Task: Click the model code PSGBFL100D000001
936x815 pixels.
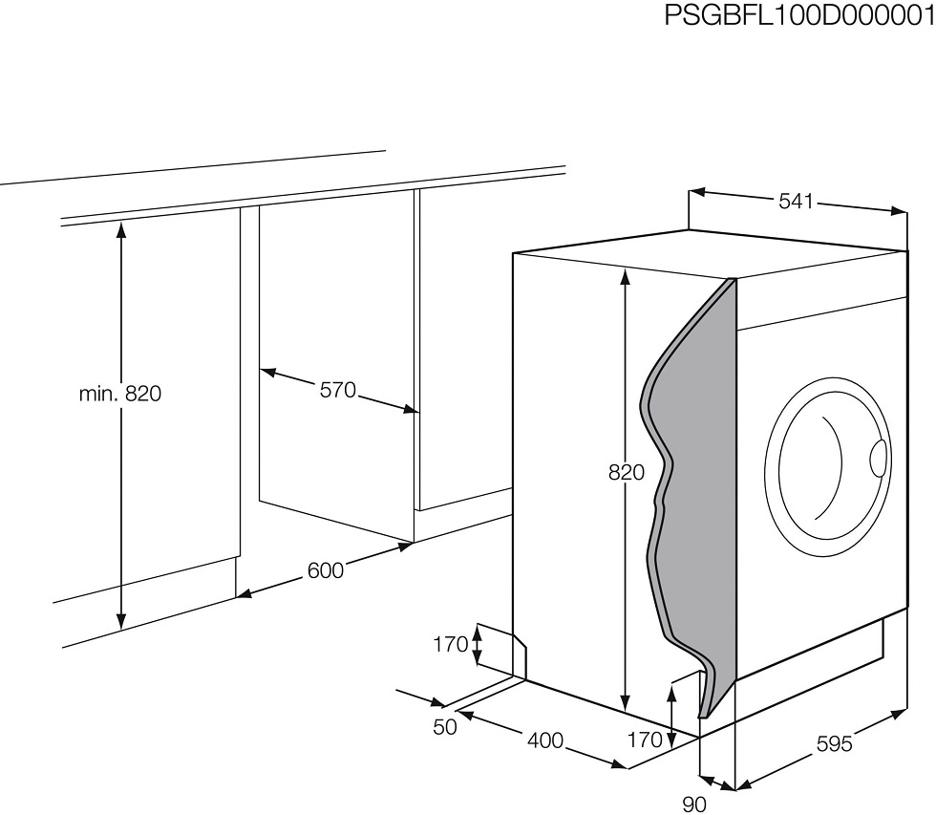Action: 799,15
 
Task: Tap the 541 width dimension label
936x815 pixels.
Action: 797,202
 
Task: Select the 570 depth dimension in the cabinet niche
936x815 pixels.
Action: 338,391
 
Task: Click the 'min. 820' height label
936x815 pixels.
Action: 120,394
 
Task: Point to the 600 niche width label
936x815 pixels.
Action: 326,570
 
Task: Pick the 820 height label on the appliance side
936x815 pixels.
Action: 627,472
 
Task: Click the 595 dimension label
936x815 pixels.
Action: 834,744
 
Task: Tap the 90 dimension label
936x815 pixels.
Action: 694,804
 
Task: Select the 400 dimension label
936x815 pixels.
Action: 545,741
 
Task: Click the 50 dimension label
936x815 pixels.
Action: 445,727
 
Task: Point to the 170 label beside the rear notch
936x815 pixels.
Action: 450,645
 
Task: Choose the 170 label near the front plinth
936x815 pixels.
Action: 645,740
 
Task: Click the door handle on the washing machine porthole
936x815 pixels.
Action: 878,459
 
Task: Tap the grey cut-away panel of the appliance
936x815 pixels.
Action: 692,478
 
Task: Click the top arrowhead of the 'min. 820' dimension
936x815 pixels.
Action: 121,229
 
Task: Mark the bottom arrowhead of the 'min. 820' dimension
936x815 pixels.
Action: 121,621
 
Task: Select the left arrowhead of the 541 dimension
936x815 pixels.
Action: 698,193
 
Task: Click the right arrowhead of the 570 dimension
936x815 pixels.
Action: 410,409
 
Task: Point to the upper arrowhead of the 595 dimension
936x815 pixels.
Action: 899,714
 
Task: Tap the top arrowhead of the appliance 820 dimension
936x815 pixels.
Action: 625,278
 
